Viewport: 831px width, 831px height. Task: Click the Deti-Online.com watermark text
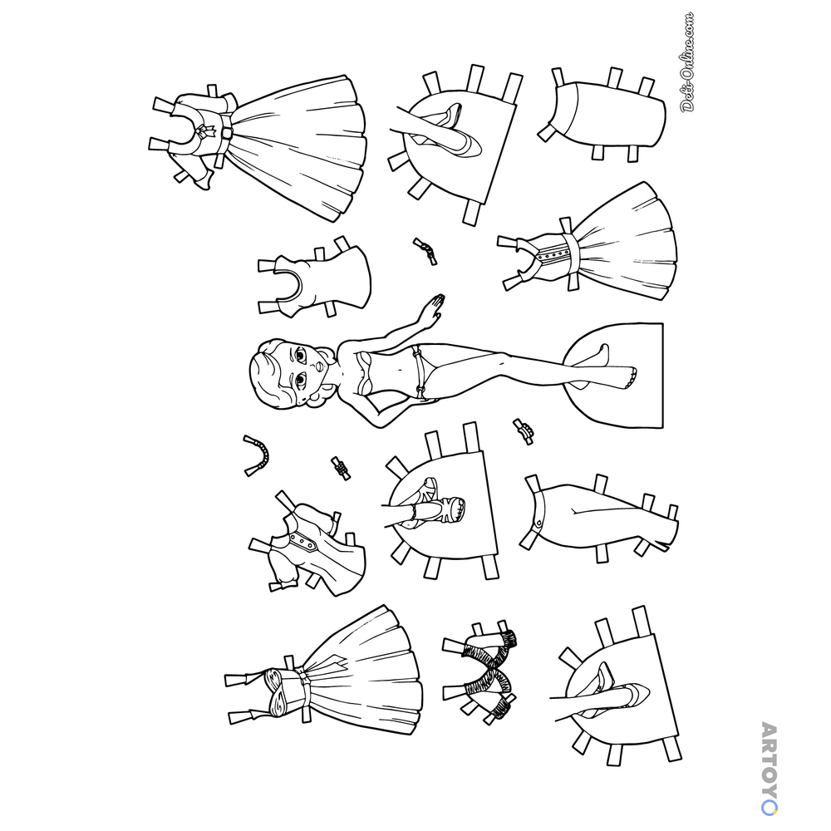tap(687, 62)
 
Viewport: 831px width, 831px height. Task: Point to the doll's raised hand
tap(435, 307)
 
